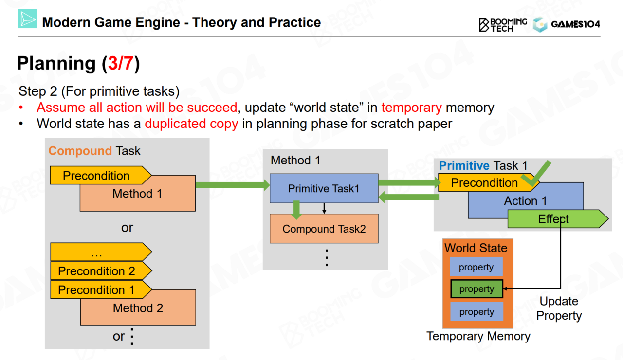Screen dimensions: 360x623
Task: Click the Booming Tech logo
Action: tap(503, 25)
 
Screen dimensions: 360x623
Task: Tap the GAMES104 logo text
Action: tap(575, 24)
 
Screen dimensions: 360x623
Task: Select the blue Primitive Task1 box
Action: tap(324, 189)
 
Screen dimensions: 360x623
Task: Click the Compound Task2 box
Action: tap(324, 229)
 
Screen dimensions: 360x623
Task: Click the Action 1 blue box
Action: tap(526, 200)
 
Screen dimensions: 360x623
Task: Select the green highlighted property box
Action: tap(476, 289)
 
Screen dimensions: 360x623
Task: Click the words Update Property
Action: tap(559, 308)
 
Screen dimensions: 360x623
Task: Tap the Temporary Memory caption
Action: tap(478, 336)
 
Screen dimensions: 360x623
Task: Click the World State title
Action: tap(476, 248)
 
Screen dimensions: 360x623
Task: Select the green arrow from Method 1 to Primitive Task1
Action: tap(232, 185)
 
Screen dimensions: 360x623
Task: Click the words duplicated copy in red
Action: tap(191, 124)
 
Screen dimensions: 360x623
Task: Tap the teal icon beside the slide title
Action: tap(28, 19)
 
